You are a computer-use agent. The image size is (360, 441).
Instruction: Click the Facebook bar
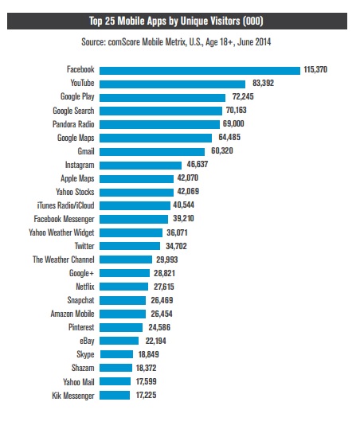[x=200, y=71]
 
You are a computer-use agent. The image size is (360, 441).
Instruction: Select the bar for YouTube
[x=172, y=84]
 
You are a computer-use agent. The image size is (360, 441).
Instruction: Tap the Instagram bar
[x=140, y=166]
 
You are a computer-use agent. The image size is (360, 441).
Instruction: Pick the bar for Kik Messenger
[x=115, y=395]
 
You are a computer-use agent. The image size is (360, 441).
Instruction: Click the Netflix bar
[x=123, y=287]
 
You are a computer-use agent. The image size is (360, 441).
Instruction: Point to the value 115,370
[x=315, y=69]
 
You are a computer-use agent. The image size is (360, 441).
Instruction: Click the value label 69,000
[x=233, y=123]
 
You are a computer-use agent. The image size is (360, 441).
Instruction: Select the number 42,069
[x=188, y=191]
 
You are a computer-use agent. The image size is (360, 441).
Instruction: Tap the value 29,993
[x=167, y=260]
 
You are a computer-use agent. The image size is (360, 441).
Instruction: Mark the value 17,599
[x=146, y=381]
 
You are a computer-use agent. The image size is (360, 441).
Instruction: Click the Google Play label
[x=77, y=97]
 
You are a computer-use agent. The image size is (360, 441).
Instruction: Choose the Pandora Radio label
[x=73, y=124]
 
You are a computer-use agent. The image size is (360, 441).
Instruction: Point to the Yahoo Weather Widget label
[x=61, y=232]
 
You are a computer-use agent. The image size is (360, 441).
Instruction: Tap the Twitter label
[x=84, y=246]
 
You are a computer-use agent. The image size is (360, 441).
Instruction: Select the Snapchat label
[x=80, y=300]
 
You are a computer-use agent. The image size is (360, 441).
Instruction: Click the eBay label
[x=87, y=341]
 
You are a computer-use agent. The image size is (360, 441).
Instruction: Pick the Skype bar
[x=116, y=354]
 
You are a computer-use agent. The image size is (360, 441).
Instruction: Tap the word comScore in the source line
[x=124, y=42]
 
